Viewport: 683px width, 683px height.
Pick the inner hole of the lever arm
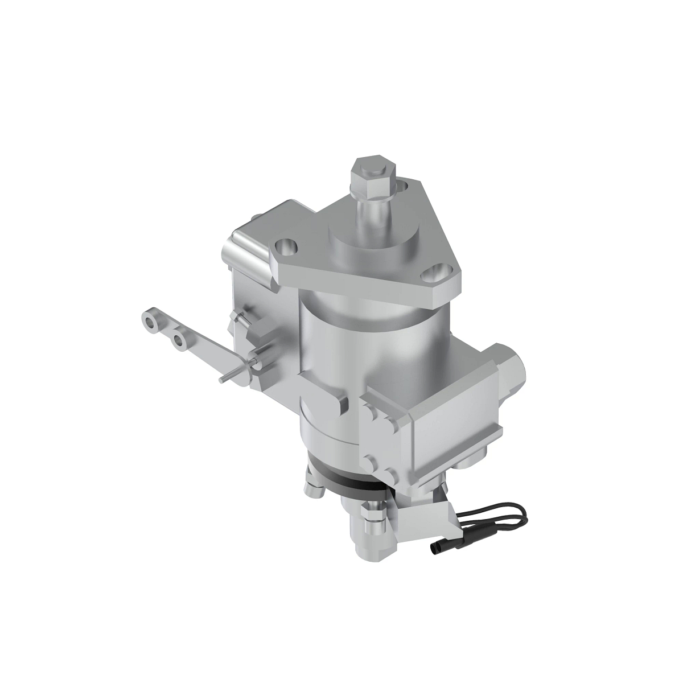[x=181, y=340]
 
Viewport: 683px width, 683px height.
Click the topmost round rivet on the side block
[x=373, y=413]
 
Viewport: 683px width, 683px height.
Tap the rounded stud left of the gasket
[x=313, y=488]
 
